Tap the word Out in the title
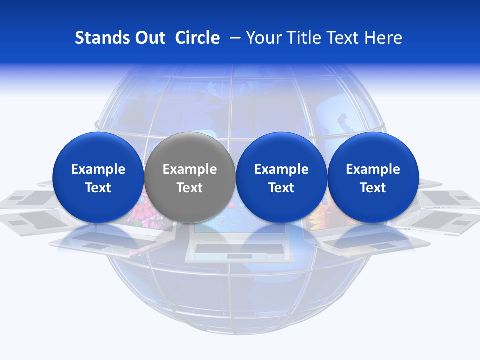coord(148,38)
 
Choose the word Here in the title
coord(383,38)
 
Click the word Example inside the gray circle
coord(190,169)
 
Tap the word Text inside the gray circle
coord(190,188)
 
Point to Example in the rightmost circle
coord(373,169)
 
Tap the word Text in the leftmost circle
coord(98,188)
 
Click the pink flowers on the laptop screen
coord(137,215)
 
